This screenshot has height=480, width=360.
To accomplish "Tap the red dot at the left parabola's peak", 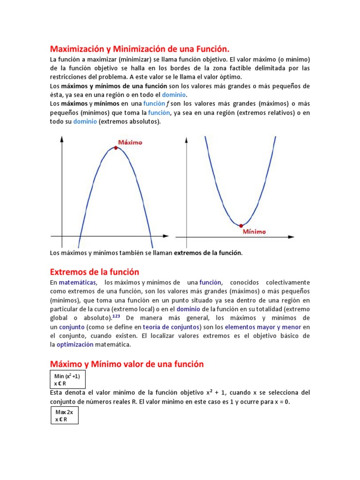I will [x=116, y=148].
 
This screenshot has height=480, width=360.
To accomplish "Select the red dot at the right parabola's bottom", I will [x=241, y=225].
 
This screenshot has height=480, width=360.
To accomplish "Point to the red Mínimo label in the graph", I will [x=255, y=232].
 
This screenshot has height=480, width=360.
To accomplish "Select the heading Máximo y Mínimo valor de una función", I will [x=127, y=364].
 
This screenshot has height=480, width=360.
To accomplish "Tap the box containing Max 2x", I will [x=64, y=415].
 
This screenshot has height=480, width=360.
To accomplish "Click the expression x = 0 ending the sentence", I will [x=281, y=402].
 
